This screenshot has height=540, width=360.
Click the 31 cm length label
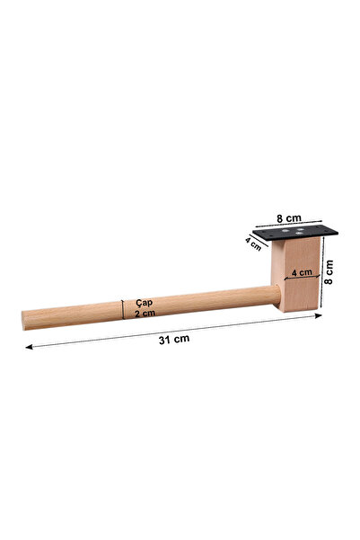tap(174, 339)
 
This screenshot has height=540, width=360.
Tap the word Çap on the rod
tap(145, 303)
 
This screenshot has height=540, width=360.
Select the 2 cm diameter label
tap(145, 314)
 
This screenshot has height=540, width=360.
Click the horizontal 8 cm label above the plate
tap(289, 218)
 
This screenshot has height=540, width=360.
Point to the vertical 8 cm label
tap(329, 272)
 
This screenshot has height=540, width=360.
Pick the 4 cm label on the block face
tap(302, 272)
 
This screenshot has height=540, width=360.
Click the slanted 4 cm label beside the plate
tap(254, 243)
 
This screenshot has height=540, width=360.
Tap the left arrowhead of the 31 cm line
tap(29, 347)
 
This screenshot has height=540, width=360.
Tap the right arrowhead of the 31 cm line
tap(319, 315)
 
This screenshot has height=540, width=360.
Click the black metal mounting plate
tap(295, 233)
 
